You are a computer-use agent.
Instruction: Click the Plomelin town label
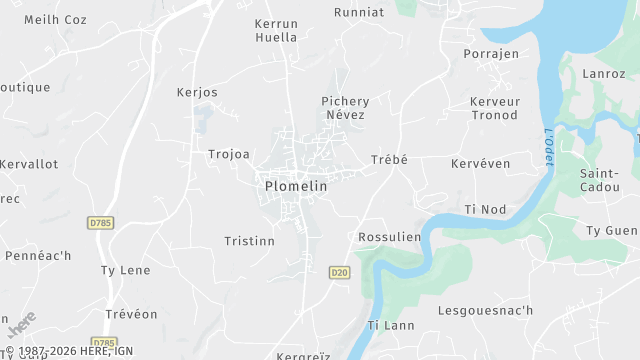(297, 186)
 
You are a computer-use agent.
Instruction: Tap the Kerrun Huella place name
(276, 30)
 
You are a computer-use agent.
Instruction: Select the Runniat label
(358, 13)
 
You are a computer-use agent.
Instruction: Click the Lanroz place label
(605, 73)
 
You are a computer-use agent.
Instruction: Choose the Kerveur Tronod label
(494, 108)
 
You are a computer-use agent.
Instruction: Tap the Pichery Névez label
(345, 108)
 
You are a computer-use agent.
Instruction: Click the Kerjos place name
(197, 93)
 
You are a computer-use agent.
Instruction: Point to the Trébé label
(389, 160)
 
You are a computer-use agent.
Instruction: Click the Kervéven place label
(480, 163)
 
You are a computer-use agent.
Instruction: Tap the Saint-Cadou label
(600, 180)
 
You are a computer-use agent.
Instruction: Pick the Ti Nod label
(486, 209)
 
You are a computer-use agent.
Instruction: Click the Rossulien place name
(388, 237)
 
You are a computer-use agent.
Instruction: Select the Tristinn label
(249, 241)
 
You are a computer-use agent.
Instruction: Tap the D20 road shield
(339, 272)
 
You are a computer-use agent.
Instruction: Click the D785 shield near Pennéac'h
(99, 222)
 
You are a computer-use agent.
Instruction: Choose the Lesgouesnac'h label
(486, 311)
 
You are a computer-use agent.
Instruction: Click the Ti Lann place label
(391, 325)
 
